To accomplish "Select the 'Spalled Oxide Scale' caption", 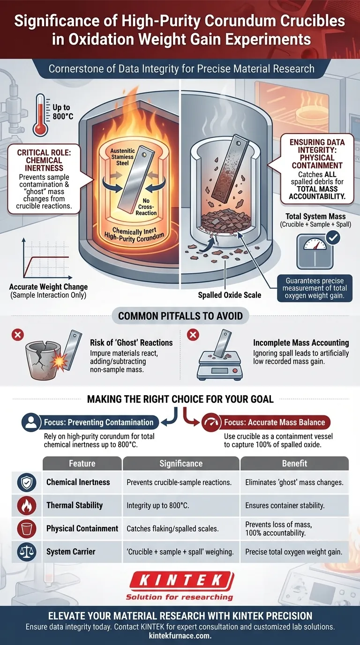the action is pyautogui.click(x=230, y=295).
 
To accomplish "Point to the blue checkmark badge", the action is pyautogui.click(x=333, y=238).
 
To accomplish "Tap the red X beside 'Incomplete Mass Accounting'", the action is pyautogui.click(x=193, y=335).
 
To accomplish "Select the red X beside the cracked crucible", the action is pyautogui.click(x=17, y=335).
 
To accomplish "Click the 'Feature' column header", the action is pyautogui.click(x=82, y=463).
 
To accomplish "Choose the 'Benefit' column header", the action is pyautogui.click(x=294, y=463).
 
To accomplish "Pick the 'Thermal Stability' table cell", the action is pyautogui.click(x=75, y=505).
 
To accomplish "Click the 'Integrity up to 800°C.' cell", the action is pyautogui.click(x=158, y=506).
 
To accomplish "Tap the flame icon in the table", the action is pyautogui.click(x=27, y=506).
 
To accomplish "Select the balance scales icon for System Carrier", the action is pyautogui.click(x=27, y=552).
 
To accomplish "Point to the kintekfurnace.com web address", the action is pyautogui.click(x=180, y=636).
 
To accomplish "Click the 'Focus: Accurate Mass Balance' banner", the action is pyautogui.click(x=266, y=422).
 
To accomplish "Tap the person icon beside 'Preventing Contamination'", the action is pyautogui.click(x=31, y=423).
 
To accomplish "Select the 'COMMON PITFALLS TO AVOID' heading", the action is pyautogui.click(x=180, y=316).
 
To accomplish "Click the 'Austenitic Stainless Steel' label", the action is pyautogui.click(x=122, y=157).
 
